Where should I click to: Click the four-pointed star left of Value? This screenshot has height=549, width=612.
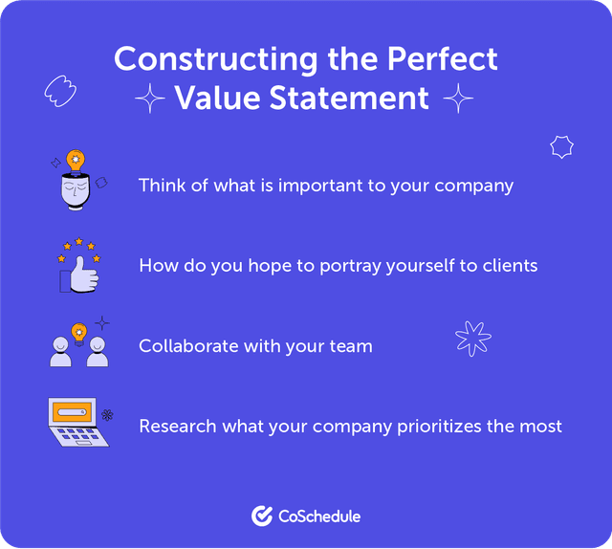point(149,99)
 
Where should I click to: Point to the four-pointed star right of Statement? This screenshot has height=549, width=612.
point(459,98)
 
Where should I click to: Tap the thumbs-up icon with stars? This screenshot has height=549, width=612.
point(78,265)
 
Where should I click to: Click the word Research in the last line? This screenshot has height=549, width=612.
point(178,425)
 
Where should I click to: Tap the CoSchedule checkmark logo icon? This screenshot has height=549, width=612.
point(261,516)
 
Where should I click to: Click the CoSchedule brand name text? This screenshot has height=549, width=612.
point(318,516)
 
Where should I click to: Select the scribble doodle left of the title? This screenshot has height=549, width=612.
point(59,91)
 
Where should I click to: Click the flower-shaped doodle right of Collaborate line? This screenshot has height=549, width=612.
point(472,336)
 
